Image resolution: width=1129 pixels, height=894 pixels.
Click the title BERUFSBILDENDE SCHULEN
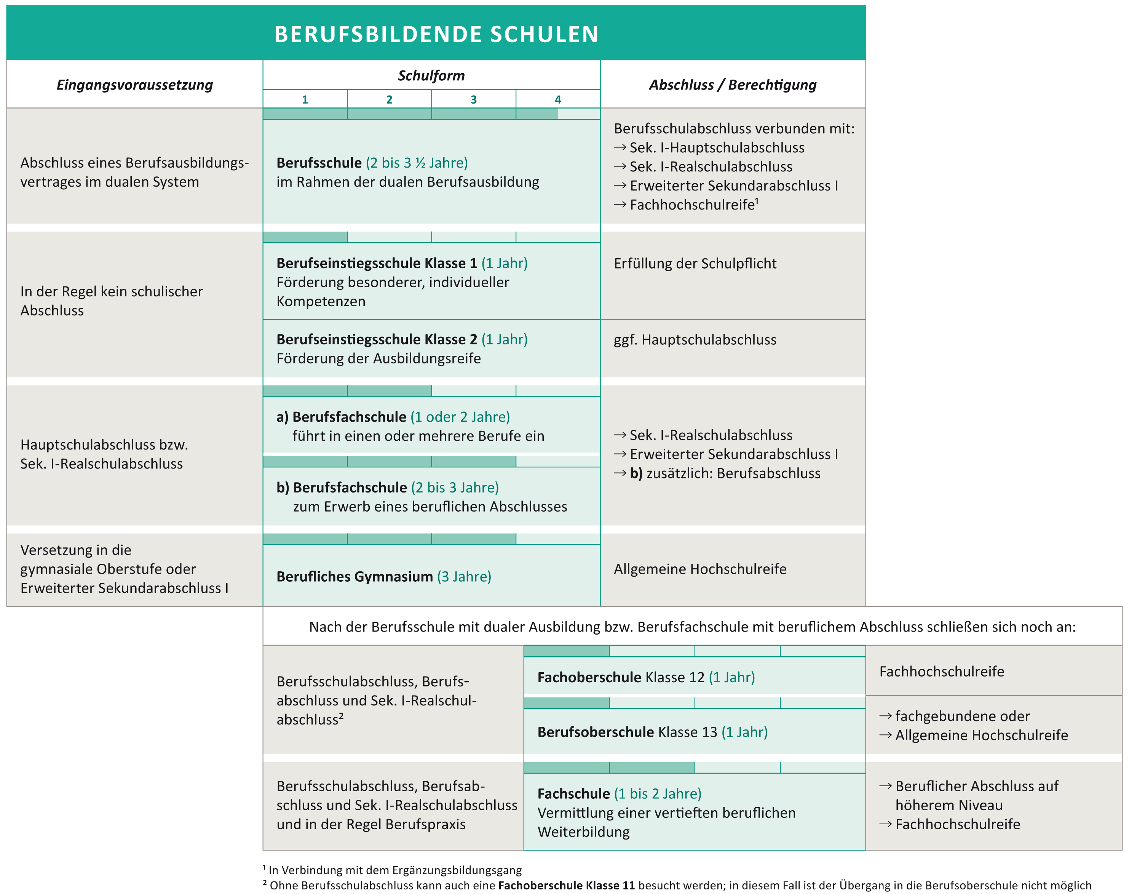click(x=436, y=35)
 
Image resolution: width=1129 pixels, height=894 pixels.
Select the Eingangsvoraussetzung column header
click(x=134, y=85)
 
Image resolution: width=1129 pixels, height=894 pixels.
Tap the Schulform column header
click(x=431, y=76)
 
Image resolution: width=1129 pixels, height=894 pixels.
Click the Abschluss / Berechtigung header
click(x=733, y=85)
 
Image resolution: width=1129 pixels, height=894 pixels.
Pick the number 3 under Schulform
click(x=473, y=99)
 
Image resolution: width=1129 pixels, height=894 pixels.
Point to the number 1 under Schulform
click(x=305, y=99)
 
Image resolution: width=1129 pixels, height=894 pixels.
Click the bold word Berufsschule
click(x=319, y=163)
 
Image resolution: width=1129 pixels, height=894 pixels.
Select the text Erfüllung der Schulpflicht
click(x=695, y=263)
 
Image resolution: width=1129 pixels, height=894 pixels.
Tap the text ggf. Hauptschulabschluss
click(x=695, y=340)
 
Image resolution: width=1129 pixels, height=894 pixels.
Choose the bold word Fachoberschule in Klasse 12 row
click(x=589, y=677)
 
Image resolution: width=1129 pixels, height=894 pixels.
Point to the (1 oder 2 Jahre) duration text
click(x=460, y=417)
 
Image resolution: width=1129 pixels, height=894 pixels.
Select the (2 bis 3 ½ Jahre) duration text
click(x=417, y=163)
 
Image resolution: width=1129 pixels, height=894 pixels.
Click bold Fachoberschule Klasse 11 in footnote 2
click(x=566, y=885)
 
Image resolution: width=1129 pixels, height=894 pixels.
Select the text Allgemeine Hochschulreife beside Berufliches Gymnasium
click(x=700, y=569)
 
